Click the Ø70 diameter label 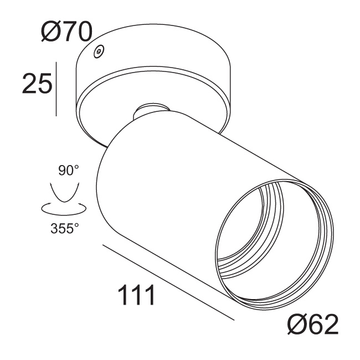pos(66,33)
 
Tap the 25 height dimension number pos(37,84)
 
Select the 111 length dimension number pos(136,295)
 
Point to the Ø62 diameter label pos(313,324)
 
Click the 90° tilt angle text pos(69,170)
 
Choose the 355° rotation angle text pos(65,228)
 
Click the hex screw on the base pos(99,51)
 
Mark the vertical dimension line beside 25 pos(56,89)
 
